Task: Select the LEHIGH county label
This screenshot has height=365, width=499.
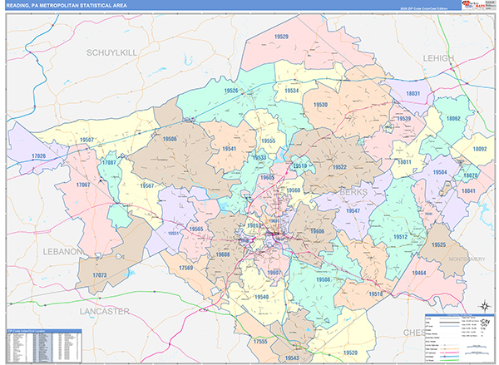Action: pos(437,58)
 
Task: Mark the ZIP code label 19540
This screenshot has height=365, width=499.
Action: pos(262,296)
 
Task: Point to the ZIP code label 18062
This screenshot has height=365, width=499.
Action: pos(453,119)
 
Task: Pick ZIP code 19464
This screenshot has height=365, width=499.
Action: pos(420,272)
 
